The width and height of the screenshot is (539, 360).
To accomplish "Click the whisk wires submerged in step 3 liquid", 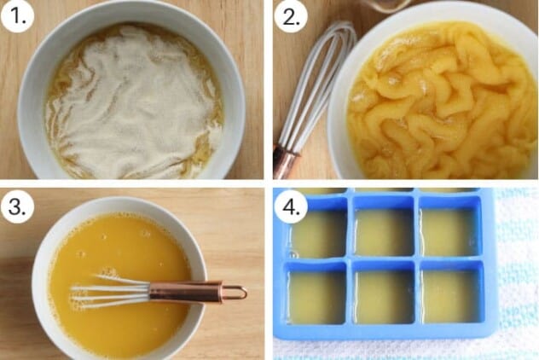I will click(x=107, y=292).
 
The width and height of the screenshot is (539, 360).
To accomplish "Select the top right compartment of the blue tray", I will click(x=449, y=231).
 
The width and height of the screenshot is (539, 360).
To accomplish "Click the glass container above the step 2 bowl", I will click(x=384, y=4).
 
